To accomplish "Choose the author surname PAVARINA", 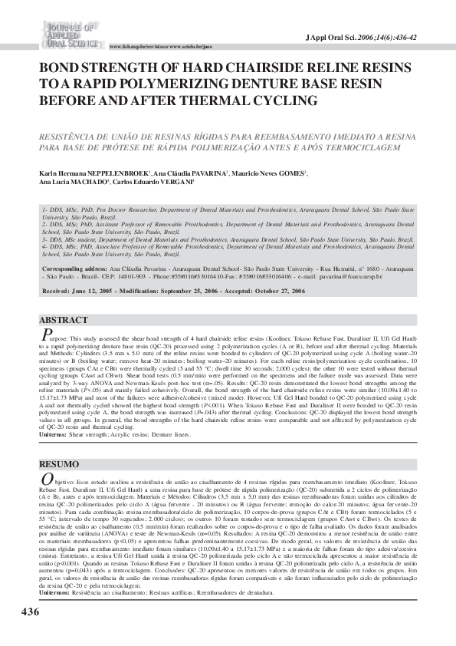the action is (x=205, y=174).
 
